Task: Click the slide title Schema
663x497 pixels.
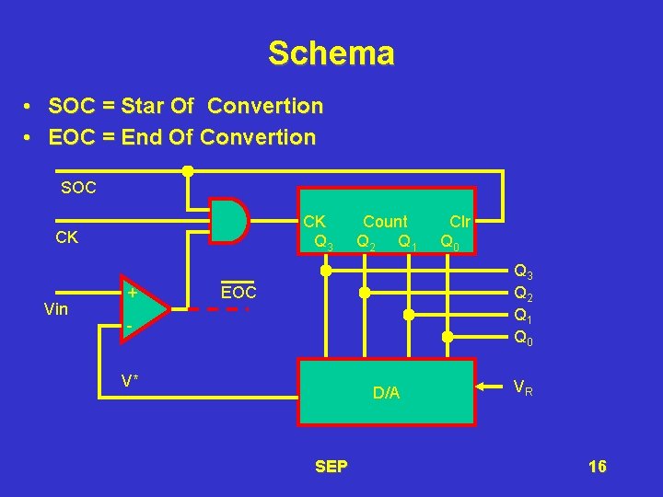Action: (x=331, y=52)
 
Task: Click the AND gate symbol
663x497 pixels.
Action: (x=230, y=221)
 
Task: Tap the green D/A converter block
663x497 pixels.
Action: (x=386, y=391)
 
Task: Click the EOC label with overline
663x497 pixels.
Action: (x=238, y=293)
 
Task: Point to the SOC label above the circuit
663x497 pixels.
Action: (x=78, y=188)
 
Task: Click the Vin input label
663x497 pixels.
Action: (x=56, y=309)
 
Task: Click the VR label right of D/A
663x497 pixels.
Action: (x=524, y=387)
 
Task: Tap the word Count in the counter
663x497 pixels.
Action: (x=385, y=222)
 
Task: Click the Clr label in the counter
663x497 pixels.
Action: (x=459, y=222)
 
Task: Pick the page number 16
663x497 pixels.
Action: (x=597, y=467)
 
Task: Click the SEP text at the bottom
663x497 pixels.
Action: (x=331, y=467)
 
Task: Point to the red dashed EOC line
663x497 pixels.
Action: (x=219, y=309)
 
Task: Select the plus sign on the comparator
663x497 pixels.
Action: (x=133, y=293)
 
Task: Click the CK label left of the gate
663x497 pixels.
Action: (x=67, y=237)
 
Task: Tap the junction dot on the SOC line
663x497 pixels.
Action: (x=187, y=170)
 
